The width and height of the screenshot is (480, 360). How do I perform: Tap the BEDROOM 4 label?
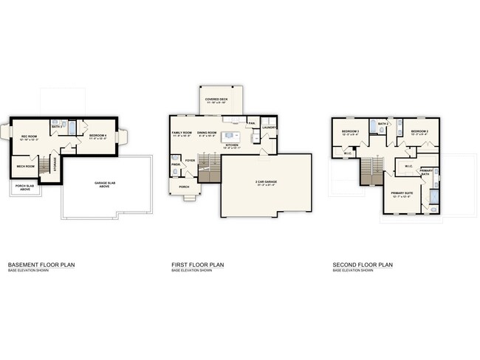pos(98,135)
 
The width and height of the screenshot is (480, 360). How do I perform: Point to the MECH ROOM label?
pos(26,167)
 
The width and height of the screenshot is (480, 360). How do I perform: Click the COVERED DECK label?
pos(216,98)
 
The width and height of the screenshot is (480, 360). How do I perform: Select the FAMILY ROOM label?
pos(182,133)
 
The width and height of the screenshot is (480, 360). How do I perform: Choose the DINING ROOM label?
pos(208,133)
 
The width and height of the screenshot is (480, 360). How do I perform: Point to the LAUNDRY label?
pos(269,127)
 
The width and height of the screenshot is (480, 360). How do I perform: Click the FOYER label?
pos(190,159)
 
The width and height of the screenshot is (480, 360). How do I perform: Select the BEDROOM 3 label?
pos(350,131)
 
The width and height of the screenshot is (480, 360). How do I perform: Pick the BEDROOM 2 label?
pos(419,131)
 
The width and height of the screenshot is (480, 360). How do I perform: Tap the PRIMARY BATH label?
pos(427,172)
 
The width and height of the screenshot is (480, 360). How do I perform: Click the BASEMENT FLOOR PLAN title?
pos(41,264)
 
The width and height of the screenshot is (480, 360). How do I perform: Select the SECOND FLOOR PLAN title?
pos(363,264)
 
